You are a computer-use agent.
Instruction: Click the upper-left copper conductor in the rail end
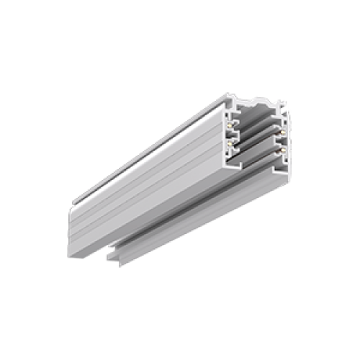(231, 126)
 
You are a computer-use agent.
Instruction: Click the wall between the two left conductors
(233, 134)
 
